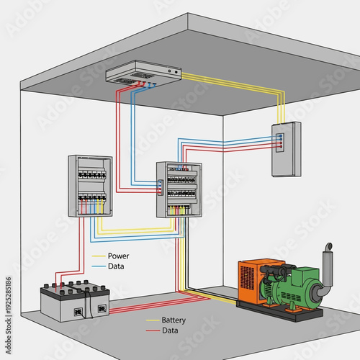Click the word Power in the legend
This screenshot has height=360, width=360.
[x=118, y=256]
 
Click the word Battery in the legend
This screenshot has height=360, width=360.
[x=174, y=320]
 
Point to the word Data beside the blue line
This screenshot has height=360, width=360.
[x=115, y=266]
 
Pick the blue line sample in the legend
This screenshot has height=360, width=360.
[x=99, y=266]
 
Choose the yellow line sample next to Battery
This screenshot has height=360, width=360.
[x=153, y=320]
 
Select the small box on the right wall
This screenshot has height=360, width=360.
[x=286, y=149]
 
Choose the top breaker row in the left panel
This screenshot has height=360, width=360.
[x=91, y=174]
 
